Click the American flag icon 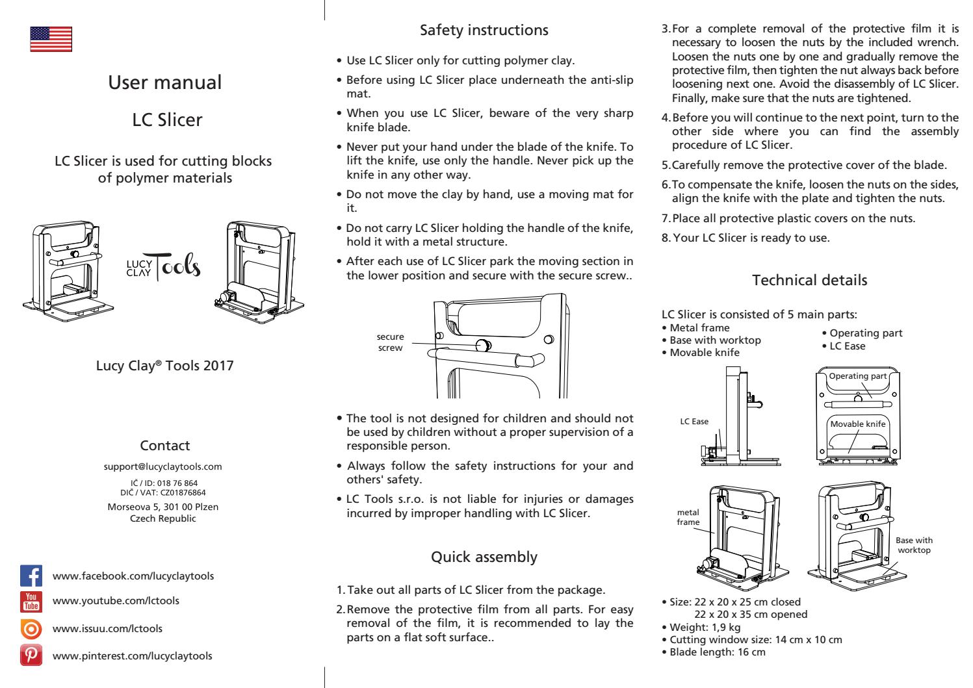coord(51,39)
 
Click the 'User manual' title coord(164,83)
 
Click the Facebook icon coord(32,576)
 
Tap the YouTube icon coord(32,602)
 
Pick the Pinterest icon coord(32,655)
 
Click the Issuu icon coord(32,629)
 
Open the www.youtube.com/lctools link coord(116,601)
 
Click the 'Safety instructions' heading coord(484,30)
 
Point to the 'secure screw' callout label coord(390,342)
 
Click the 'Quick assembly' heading coord(484,557)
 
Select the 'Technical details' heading coord(809,281)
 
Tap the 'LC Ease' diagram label coord(694,422)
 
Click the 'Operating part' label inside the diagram coord(858,376)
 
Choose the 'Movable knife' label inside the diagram coord(858,424)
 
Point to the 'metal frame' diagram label coord(688,518)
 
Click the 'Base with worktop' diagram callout coord(914,545)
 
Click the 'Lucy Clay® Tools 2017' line coord(164,366)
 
